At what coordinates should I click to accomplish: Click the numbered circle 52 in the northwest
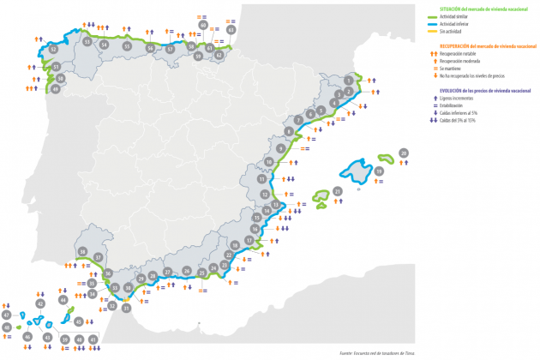pos(53,51)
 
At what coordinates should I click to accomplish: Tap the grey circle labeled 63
pos(231,29)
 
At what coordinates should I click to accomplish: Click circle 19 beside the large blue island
pos(379,171)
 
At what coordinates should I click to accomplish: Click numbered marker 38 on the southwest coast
pos(82,252)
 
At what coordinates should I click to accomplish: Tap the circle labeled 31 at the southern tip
pos(126,308)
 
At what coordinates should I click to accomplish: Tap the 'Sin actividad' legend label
pos(453,29)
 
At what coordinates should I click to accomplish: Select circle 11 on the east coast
pos(261,180)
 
